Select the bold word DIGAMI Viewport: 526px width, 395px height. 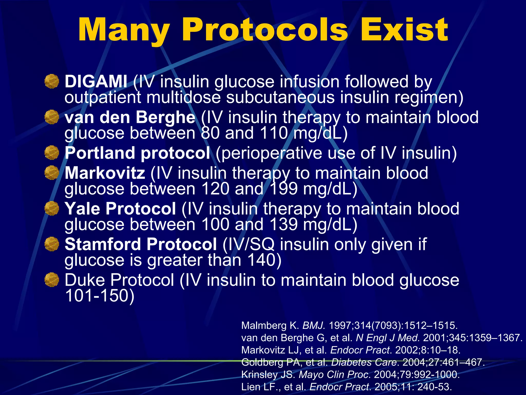tap(96, 82)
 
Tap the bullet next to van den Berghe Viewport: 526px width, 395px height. tap(52, 117)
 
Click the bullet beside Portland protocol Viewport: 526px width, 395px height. tap(52, 153)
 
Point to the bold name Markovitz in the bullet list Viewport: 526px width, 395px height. tap(105, 173)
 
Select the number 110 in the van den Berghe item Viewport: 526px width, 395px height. tap(274, 133)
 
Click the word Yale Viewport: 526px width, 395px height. tap(82, 209)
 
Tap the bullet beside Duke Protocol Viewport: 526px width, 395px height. tap(52, 280)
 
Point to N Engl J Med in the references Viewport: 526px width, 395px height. tap(388, 338)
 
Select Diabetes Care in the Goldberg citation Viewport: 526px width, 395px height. tap(364, 362)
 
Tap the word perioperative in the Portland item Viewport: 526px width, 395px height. tap(269, 153)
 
